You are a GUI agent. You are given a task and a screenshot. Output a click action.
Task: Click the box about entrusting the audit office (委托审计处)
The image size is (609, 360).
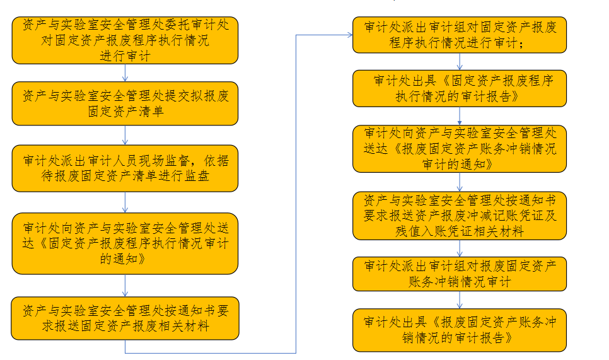(125, 40)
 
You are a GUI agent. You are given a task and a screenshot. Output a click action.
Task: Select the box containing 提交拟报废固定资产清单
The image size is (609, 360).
(125, 103)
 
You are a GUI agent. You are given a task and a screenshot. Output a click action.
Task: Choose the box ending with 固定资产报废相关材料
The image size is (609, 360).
(125, 318)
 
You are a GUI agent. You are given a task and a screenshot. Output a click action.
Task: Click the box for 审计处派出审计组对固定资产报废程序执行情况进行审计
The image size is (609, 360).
(459, 35)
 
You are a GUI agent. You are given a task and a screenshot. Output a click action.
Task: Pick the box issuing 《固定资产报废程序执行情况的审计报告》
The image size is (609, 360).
(459, 88)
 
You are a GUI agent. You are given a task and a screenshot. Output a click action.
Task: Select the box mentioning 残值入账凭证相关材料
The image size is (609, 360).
(459, 216)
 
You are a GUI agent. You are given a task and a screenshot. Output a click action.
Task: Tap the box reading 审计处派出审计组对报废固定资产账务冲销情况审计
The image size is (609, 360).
(459, 273)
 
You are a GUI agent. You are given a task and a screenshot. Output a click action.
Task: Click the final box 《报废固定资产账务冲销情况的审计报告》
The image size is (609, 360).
(459, 329)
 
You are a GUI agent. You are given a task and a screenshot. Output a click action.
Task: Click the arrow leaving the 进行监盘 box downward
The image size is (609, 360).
(125, 202)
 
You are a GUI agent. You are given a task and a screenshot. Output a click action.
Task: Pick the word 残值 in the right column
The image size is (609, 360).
(379, 231)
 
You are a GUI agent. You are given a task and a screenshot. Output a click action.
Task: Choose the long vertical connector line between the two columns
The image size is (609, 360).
(296, 189)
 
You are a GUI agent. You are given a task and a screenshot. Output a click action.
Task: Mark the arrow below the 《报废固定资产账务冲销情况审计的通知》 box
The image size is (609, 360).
(459, 182)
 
